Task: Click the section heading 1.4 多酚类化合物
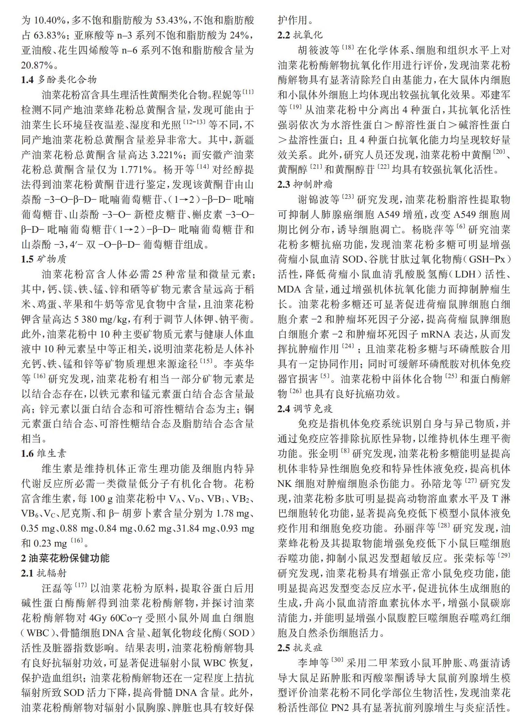point(59,80)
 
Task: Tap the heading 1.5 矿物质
point(44,259)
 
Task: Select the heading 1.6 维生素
point(44,454)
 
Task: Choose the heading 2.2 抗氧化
point(300,35)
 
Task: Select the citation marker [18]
point(348,48)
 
